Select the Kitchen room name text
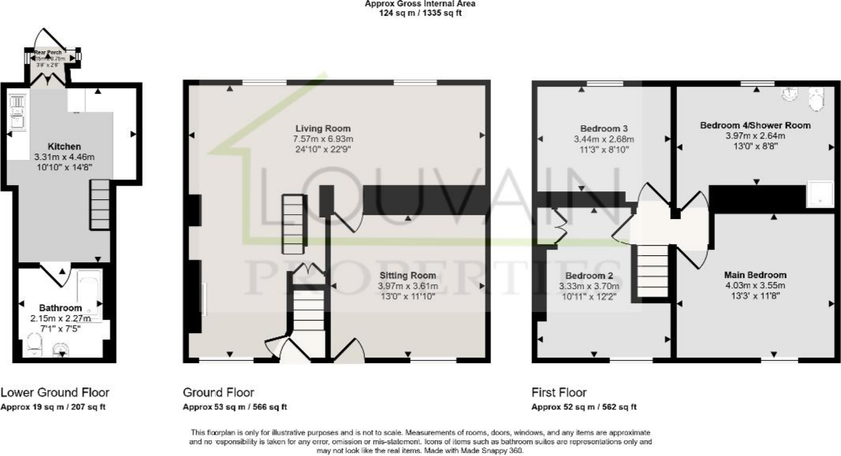(64, 146)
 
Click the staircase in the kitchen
(99, 204)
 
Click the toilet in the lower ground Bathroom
(32, 343)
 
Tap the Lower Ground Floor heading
(55, 392)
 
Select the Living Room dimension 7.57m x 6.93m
(323, 139)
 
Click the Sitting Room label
(406, 275)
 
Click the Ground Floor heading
(218, 392)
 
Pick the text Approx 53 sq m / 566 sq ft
(235, 407)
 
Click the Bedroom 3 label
(604, 128)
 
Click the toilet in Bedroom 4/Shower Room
(816, 97)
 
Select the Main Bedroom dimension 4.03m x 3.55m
(755, 286)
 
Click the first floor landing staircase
(651, 270)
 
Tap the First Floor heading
(560, 392)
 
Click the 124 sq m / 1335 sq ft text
(419, 13)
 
